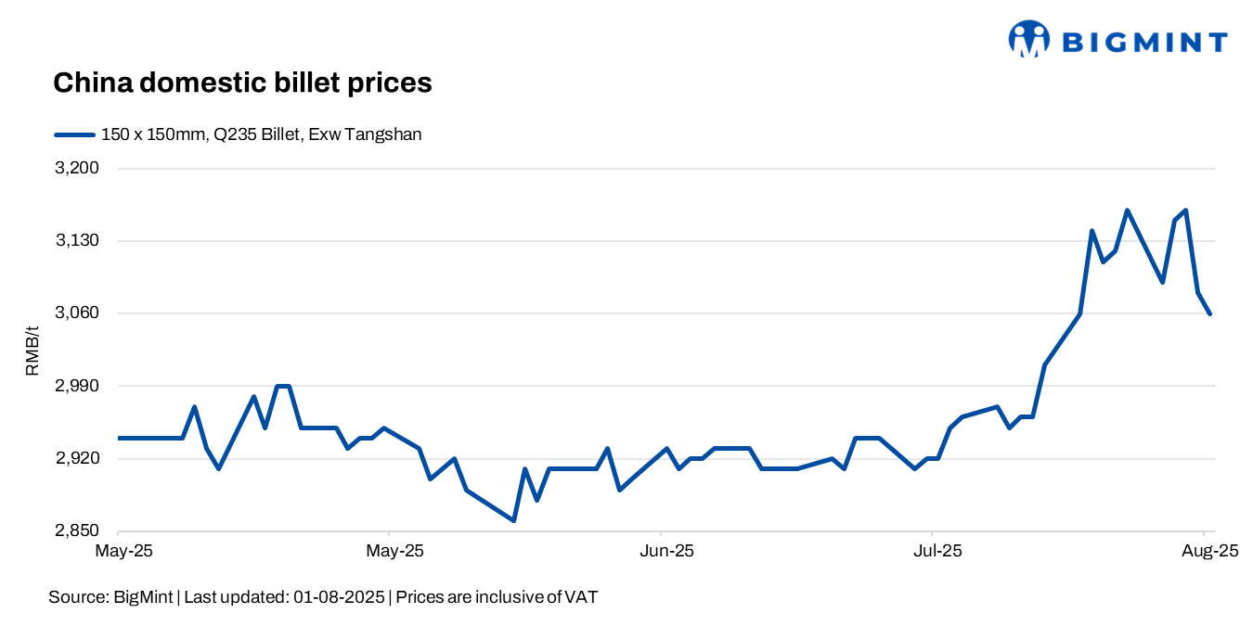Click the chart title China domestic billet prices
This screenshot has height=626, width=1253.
click(242, 83)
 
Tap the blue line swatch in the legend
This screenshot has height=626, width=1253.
click(74, 134)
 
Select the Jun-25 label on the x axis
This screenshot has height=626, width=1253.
click(667, 551)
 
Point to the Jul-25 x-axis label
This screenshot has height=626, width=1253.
click(938, 551)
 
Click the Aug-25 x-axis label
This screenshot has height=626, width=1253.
click(1209, 551)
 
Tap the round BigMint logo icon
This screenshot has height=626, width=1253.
click(1028, 40)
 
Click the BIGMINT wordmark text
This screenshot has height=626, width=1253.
click(1144, 42)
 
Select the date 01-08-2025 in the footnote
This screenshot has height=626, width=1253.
click(339, 597)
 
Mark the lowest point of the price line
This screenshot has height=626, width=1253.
click(513, 520)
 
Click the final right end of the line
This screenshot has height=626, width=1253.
click(1209, 314)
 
